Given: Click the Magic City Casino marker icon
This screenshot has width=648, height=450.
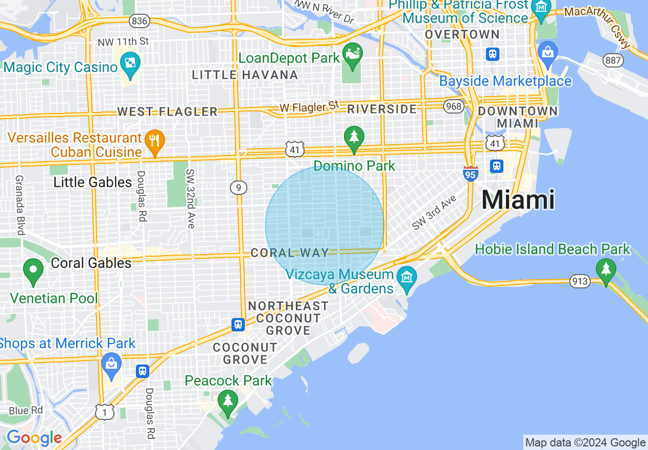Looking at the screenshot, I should pyautogui.click(x=130, y=64).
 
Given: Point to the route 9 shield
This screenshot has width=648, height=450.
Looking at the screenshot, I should pyautogui.click(x=238, y=188).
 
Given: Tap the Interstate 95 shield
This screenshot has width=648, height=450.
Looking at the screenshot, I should pyautogui.click(x=471, y=174).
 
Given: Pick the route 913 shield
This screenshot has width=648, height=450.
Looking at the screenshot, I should pyautogui.click(x=581, y=281).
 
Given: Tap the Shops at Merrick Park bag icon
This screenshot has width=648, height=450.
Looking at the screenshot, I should pyautogui.click(x=111, y=365).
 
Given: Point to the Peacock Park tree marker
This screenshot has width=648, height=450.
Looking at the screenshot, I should pyautogui.click(x=228, y=401).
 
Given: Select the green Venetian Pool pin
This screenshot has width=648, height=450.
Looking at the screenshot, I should pyautogui.click(x=33, y=271).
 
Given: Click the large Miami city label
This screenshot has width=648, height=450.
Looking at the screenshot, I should pyautogui.click(x=518, y=200).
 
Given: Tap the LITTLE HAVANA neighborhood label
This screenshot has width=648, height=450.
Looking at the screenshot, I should pyautogui.click(x=245, y=75).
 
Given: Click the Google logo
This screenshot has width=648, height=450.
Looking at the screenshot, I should pyautogui.click(x=34, y=438).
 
